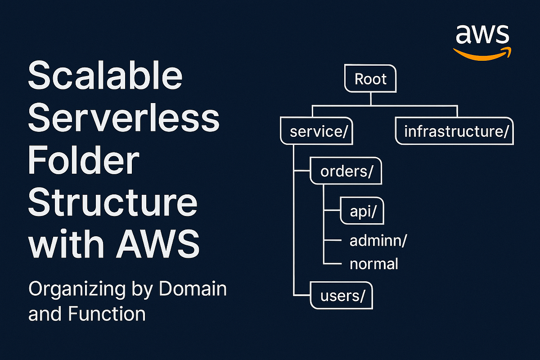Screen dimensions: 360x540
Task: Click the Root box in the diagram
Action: (x=370, y=79)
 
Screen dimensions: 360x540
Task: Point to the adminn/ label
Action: (x=378, y=242)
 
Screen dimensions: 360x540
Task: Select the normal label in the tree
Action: (x=373, y=263)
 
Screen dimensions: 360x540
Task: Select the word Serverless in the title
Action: (x=124, y=118)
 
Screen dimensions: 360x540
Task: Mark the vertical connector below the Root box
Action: (x=370, y=99)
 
